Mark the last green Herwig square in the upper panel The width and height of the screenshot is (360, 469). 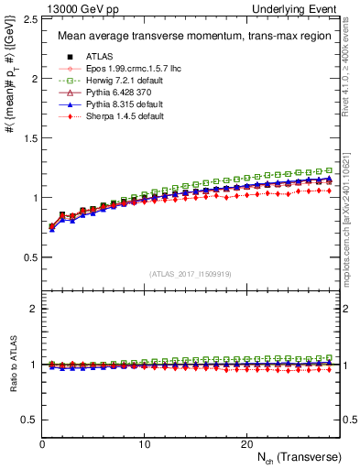(x=331, y=170)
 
